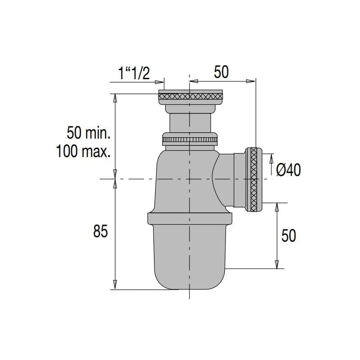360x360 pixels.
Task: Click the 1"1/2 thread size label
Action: pos(134,73)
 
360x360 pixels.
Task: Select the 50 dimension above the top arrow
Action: pos(221,72)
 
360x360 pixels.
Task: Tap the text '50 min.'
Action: pos(89,133)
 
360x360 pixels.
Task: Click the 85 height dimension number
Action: pos(101,232)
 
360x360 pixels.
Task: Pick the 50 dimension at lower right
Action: pos(288,235)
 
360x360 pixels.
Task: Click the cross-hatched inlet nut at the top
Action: pos(190,95)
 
